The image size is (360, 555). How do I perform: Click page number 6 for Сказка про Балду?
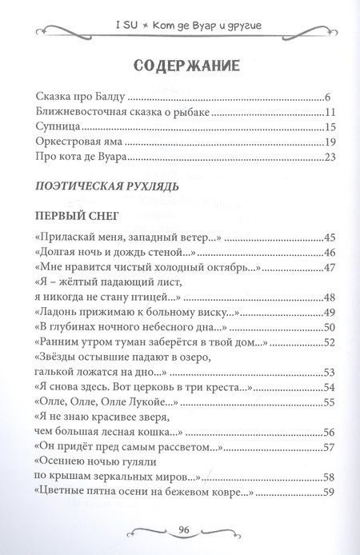click(328, 98)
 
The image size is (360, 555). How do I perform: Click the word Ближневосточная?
click(85, 113)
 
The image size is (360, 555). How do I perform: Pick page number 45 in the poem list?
click(325, 238)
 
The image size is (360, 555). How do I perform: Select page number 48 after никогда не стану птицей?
click(325, 297)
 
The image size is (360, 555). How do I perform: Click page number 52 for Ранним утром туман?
click(325, 341)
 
